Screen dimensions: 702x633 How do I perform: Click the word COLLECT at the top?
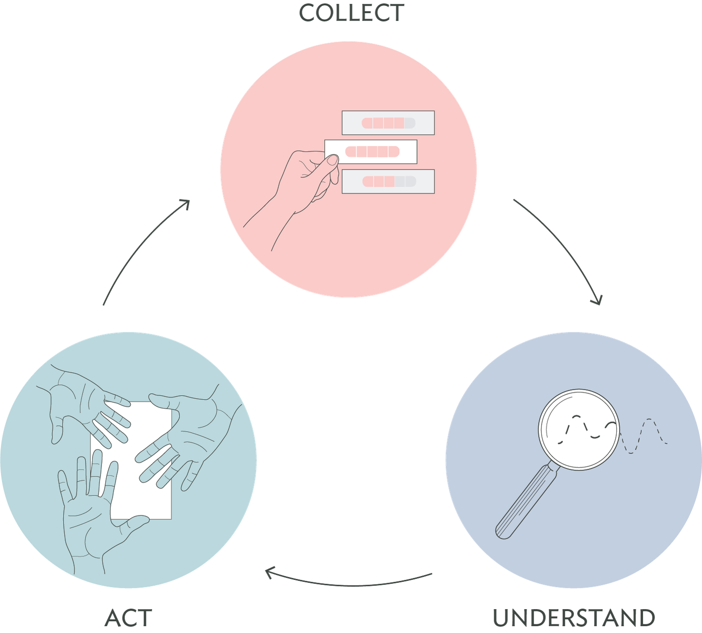(x=351, y=13)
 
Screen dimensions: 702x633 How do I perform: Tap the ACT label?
(x=128, y=618)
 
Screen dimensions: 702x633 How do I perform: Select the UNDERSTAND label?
(x=574, y=618)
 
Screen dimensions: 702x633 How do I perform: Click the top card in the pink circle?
(x=388, y=123)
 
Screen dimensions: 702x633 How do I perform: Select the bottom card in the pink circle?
(x=388, y=182)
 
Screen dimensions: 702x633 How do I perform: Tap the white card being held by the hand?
(x=371, y=152)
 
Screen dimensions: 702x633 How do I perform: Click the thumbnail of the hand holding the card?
(x=332, y=160)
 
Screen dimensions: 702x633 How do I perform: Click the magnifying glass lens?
(x=579, y=430)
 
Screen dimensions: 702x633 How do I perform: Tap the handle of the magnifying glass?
(x=525, y=502)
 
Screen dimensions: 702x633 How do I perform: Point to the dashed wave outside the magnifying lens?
(x=644, y=436)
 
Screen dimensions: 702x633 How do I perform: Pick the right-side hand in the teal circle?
(x=189, y=438)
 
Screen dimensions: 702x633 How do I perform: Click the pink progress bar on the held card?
(x=372, y=152)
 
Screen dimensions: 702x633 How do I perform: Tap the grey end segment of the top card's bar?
(x=410, y=123)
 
